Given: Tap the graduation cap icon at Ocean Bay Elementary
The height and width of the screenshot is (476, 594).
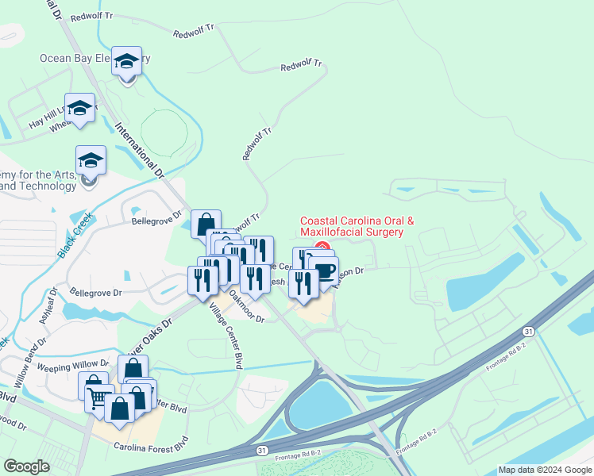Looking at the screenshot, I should [x=126, y=60].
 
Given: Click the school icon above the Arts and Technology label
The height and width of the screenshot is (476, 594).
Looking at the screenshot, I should [x=91, y=160].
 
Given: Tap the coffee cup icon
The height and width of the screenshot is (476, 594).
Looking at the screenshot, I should [x=324, y=271].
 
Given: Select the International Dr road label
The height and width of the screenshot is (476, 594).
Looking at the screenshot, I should [x=138, y=151].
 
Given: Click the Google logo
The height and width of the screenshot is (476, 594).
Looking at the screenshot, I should [x=27, y=466].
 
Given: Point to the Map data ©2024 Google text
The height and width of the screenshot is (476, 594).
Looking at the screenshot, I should [x=545, y=470].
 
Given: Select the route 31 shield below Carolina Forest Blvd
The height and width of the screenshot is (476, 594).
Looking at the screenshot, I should [x=262, y=451].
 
